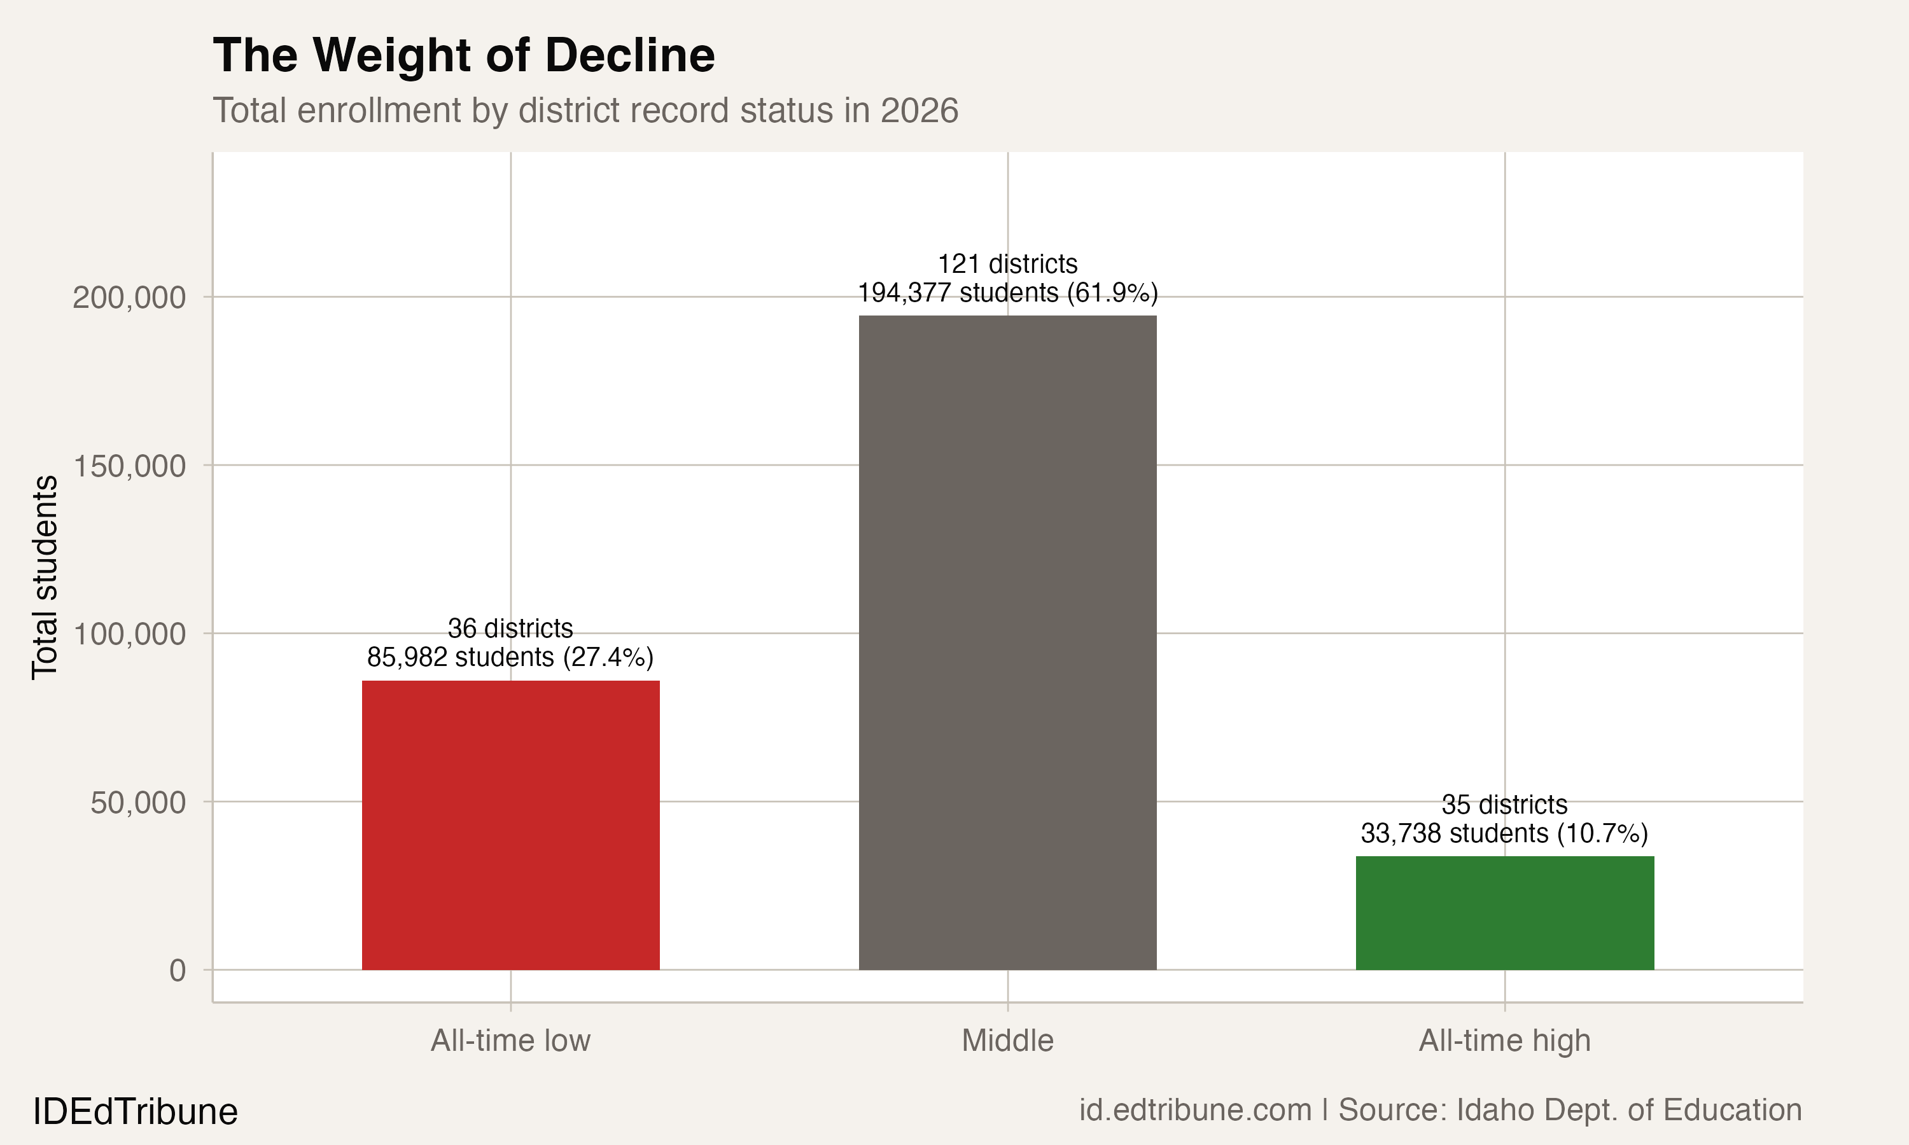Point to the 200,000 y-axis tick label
click(x=129, y=297)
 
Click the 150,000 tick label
click(x=129, y=466)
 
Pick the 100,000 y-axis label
click(x=129, y=634)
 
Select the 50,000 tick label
click(x=138, y=802)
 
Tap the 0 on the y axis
click(x=178, y=971)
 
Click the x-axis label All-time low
click(x=510, y=1040)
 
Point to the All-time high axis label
click(x=1505, y=1040)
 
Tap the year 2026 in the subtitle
click(x=919, y=110)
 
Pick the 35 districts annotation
click(x=1505, y=804)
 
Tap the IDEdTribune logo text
click(x=135, y=1111)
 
